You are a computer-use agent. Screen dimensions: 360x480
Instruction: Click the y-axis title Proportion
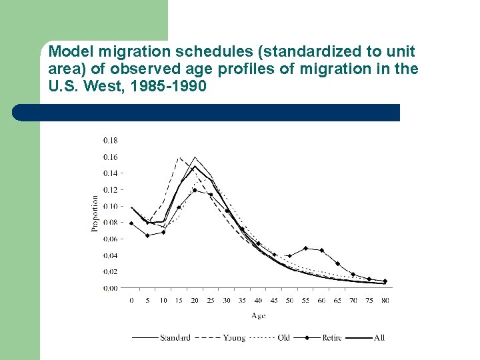point(94,213)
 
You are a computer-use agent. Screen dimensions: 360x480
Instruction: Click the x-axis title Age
point(258,315)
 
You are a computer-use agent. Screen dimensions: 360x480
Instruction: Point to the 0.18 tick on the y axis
point(110,141)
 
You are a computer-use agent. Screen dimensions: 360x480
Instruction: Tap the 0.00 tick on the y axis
point(110,288)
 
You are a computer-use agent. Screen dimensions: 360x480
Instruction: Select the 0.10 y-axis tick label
point(110,207)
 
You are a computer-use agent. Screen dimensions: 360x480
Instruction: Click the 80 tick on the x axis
point(385,300)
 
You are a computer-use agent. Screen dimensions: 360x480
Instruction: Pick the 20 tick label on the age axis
point(195,300)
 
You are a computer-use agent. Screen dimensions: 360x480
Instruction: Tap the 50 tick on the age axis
point(290,300)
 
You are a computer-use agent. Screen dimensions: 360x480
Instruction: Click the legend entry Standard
point(175,338)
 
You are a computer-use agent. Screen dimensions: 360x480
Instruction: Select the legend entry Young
point(234,338)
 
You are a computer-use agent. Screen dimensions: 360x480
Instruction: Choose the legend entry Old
point(283,338)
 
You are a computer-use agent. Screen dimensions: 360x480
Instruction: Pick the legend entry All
point(379,338)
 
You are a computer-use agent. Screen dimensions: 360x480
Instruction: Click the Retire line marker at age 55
point(305,249)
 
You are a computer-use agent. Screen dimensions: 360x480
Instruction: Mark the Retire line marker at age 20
point(195,190)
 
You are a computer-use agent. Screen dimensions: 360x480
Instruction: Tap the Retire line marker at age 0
point(131,223)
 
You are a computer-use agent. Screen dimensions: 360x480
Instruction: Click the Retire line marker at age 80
point(385,281)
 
